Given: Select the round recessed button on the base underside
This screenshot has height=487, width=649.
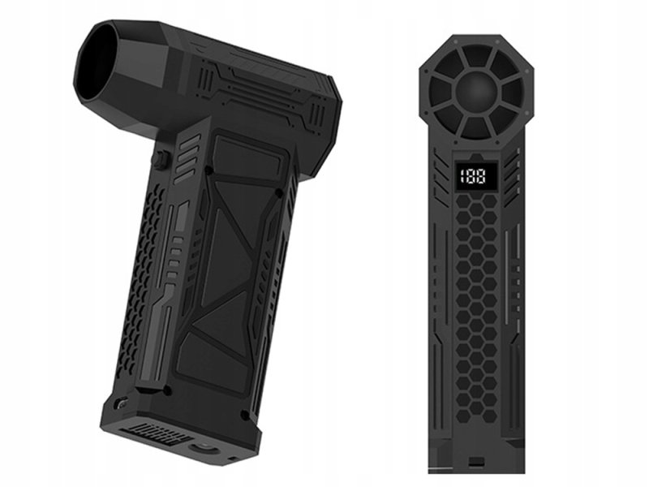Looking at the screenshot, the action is point(203,448).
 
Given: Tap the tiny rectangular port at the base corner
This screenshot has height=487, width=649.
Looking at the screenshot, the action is point(232,459).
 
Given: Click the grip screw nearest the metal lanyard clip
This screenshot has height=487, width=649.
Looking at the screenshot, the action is point(168,390).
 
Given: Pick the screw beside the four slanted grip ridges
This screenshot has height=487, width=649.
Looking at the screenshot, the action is point(209,170).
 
